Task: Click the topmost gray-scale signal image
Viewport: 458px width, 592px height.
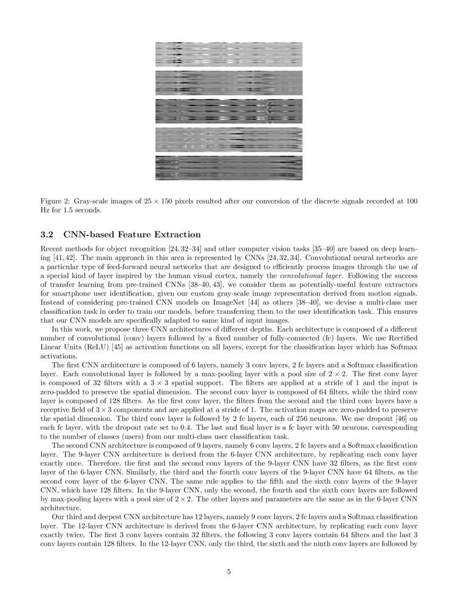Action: (x=228, y=54)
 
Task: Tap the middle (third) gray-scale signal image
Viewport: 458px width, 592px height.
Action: (x=228, y=111)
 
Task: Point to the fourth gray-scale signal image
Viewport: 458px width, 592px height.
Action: (x=228, y=139)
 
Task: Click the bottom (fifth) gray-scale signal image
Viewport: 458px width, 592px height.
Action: (x=228, y=168)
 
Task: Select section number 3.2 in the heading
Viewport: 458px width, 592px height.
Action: (x=48, y=235)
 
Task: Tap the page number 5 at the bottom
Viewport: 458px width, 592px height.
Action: (x=229, y=572)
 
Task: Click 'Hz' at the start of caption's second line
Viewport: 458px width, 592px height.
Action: (x=45, y=209)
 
